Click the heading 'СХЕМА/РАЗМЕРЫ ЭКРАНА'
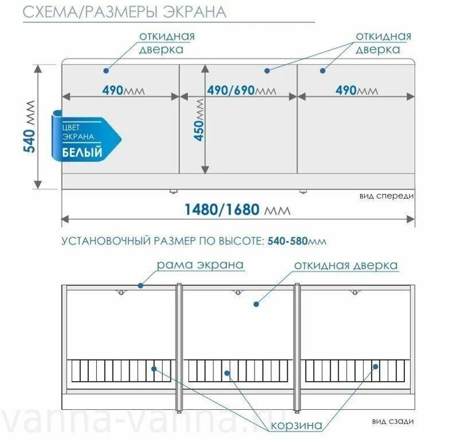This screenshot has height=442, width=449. [124, 11]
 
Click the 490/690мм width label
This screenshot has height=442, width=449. [240, 91]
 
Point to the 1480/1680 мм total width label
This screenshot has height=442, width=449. [237, 209]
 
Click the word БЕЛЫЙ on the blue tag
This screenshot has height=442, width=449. [83, 153]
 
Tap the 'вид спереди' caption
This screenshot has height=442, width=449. [386, 196]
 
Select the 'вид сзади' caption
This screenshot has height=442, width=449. [392, 422]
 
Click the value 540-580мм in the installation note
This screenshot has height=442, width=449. [296, 241]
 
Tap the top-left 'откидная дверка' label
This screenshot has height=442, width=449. [167, 42]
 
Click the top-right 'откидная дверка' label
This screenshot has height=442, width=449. [383, 42]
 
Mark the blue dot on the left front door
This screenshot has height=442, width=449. [106, 71]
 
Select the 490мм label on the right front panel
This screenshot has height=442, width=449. [356, 91]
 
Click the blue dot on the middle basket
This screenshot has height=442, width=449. [227, 373]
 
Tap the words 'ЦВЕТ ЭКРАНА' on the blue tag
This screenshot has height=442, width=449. [79, 132]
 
